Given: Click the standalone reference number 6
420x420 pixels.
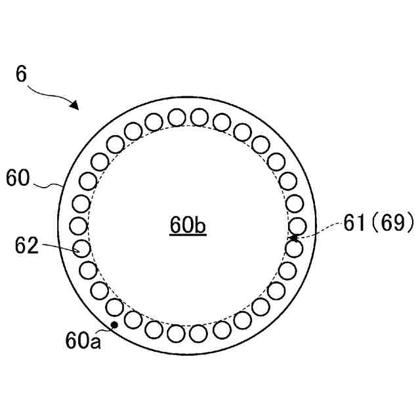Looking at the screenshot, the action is click(22, 74).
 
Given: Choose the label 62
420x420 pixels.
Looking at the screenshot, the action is click(28, 245).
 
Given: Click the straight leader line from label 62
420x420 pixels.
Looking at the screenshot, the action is click(59, 247).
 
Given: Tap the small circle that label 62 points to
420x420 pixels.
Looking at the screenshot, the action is click(80, 248).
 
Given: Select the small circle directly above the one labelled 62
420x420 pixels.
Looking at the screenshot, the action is click(79, 226).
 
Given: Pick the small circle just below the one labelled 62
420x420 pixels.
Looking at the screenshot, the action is click(87, 269).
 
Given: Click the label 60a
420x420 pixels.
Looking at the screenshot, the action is click(83, 340).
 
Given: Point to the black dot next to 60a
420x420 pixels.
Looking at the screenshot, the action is click(115, 324).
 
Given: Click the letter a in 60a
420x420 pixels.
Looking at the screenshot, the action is click(95, 341).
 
